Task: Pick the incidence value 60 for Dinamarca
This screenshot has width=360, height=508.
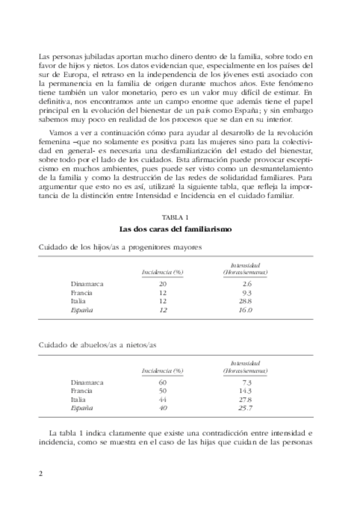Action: pyautogui.click(x=162, y=382)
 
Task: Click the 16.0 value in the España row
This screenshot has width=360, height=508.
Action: pyautogui.click(x=245, y=310)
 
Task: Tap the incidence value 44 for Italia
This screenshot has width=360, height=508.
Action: pyautogui.click(x=162, y=399)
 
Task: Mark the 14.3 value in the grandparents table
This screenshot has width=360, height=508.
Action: pyautogui.click(x=245, y=391)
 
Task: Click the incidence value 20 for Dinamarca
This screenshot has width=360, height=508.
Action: pyautogui.click(x=162, y=283)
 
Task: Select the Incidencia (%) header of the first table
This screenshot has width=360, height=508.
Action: pyautogui.click(x=162, y=273)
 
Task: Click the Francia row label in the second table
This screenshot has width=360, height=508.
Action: pyautogui.click(x=81, y=391)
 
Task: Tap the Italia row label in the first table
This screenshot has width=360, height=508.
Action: pyautogui.click(x=78, y=301)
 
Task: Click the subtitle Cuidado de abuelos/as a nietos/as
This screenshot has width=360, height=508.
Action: pyautogui.click(x=98, y=345)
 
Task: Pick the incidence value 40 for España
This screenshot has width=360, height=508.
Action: pyautogui.click(x=162, y=408)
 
